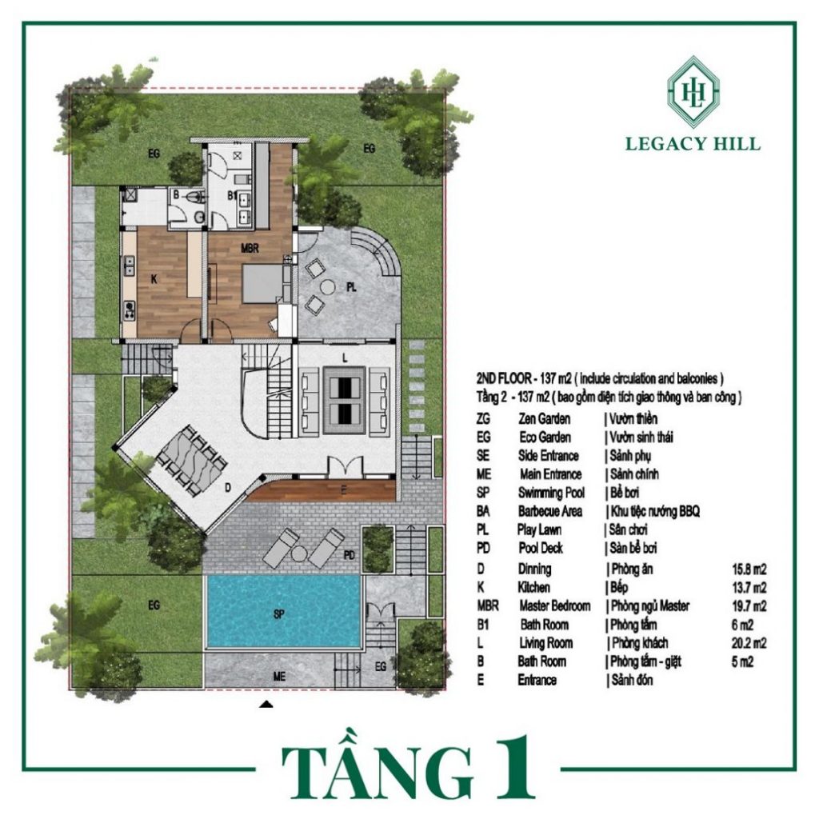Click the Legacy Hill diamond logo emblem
693,91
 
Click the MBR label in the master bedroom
250,249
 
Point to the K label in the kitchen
154,279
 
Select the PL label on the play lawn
352,287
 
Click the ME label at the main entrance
279,677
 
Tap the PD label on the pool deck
350,555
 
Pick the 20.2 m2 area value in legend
749,643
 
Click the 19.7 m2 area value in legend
749,606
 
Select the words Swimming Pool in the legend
551,493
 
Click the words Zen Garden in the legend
544,419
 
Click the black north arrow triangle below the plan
266,705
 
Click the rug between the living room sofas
345,400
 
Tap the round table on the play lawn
328,287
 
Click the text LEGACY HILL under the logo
693,144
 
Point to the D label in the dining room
228,488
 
